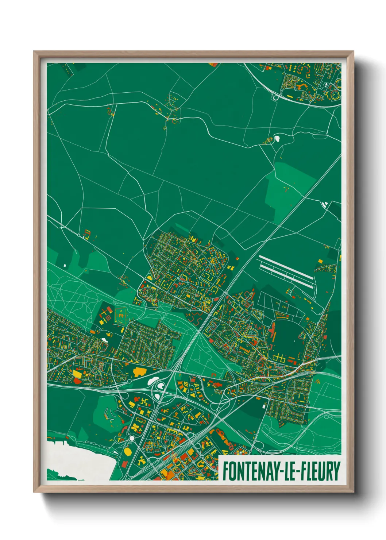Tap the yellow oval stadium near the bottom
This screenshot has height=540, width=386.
coord(128,452)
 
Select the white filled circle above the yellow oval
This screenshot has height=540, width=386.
coord(132,438)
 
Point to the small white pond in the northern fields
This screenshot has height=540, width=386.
coord(277,138)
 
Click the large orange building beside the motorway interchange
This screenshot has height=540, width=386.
coord(139,372)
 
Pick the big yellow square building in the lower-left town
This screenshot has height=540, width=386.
coord(78,373)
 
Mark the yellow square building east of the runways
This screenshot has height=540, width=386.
coord(320,261)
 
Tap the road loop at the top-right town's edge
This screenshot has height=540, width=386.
coord(275,97)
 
